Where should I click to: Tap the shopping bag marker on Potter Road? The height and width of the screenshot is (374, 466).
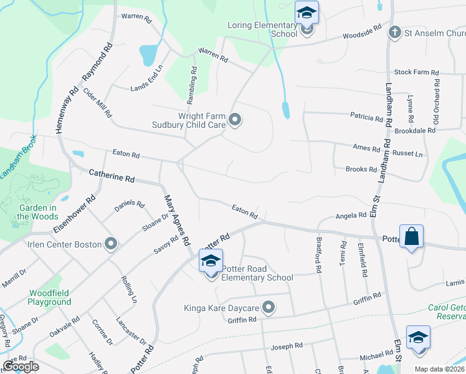coord(411,237)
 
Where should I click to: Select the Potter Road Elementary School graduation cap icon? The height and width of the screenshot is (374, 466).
coord(211,261)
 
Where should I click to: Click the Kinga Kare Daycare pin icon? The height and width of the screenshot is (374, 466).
coord(269,307)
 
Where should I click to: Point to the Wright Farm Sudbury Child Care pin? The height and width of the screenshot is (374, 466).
coord(235,120)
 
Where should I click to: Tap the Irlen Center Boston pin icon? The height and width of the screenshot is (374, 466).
coord(111,244)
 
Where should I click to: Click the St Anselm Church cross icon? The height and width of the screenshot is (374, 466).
coord(394,32)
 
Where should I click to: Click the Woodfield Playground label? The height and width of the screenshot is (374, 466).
coord(49,297)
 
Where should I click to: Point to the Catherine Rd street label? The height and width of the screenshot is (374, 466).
coord(112,175)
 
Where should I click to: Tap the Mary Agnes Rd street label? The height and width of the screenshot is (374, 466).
coord(176,220)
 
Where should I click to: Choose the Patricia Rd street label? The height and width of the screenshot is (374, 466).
coord(366,117)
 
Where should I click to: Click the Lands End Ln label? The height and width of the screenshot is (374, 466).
coord(146,79)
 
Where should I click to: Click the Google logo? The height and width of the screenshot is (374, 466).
coord(21,366)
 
